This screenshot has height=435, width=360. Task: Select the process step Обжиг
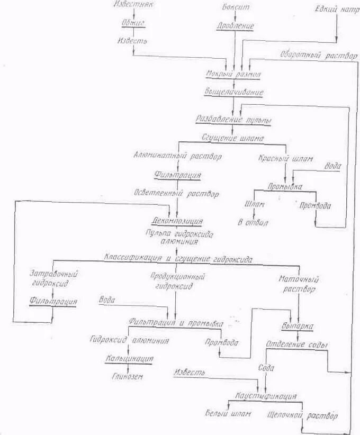pos(132,24)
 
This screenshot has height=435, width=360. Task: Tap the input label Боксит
pos(234,7)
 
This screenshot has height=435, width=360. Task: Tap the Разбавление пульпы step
pos(233,120)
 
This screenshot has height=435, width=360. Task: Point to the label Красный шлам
pos(285,158)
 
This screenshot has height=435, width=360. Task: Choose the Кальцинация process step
pos(129,358)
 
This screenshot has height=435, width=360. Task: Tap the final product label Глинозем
pos(127,376)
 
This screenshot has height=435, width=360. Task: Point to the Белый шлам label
pos(228,413)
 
